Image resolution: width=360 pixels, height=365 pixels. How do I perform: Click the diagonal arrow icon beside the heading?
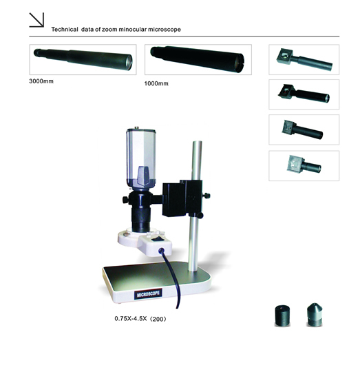pos(36,20)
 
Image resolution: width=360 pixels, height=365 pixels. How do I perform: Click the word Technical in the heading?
pos(65,30)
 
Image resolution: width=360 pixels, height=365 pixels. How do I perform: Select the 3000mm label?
pos(41,81)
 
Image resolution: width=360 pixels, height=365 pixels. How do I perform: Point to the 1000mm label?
pos(156,83)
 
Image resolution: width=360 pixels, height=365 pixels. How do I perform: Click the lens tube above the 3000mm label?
pos(83,59)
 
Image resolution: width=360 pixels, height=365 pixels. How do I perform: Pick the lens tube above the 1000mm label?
pos(198,59)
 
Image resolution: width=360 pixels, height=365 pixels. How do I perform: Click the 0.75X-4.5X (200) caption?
pos(140,319)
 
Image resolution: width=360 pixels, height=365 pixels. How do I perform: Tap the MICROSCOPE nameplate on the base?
pos(148,295)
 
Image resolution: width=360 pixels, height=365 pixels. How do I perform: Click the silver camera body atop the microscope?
pos(141,158)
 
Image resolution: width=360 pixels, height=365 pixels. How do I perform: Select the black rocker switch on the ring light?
pos(157,239)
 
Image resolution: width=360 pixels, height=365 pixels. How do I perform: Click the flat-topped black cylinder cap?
pos(282,315)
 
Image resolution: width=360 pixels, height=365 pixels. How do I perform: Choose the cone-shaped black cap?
pos(315,314)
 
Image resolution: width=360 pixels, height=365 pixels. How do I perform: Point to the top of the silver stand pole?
pos(198,142)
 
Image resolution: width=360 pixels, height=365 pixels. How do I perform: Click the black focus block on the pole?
pos(182,198)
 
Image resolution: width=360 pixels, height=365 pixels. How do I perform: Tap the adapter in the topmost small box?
pos(304,60)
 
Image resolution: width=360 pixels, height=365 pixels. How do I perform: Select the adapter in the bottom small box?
pos(304,165)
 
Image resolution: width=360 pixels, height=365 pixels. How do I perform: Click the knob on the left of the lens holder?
pos(125,200)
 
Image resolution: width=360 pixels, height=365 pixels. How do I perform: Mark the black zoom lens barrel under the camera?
pos(140,211)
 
